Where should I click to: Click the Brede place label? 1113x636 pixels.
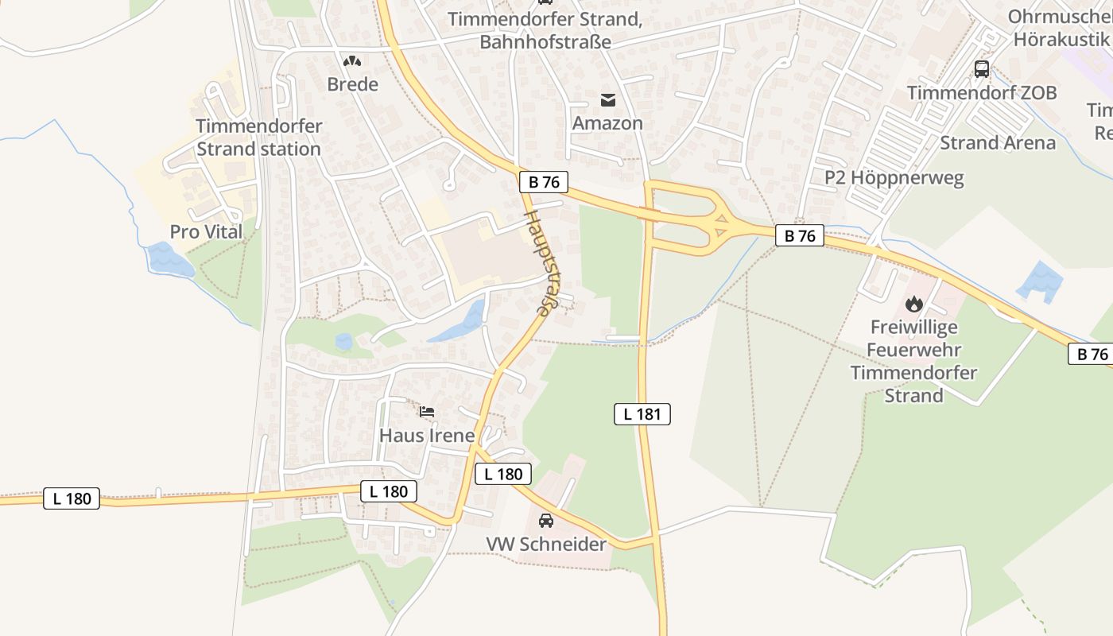(x=352, y=84)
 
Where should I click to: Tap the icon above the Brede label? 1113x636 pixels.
(x=352, y=60)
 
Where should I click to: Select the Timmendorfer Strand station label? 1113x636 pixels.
(x=258, y=138)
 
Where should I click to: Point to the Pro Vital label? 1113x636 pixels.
(x=206, y=232)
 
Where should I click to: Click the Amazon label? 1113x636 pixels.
(x=607, y=123)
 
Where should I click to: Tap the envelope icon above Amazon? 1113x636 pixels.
(x=608, y=100)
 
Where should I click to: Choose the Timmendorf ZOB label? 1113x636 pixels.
(x=982, y=93)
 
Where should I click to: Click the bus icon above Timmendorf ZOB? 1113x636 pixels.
(x=982, y=69)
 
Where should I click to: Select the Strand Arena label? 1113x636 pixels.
(x=998, y=143)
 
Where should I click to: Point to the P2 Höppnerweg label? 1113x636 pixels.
(x=894, y=177)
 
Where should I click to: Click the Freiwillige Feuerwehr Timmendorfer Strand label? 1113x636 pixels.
(x=913, y=361)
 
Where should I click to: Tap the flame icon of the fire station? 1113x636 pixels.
(x=913, y=304)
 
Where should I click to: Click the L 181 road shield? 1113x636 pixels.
(x=642, y=413)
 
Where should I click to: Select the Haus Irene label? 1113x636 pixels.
(x=427, y=436)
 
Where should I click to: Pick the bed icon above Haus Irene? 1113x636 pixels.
(x=427, y=412)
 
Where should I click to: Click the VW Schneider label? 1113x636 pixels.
(x=546, y=545)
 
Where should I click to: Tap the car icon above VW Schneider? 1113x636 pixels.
(x=546, y=521)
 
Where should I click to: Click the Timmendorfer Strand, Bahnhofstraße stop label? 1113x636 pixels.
(x=545, y=30)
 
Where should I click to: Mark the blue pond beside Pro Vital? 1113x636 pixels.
(x=169, y=261)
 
